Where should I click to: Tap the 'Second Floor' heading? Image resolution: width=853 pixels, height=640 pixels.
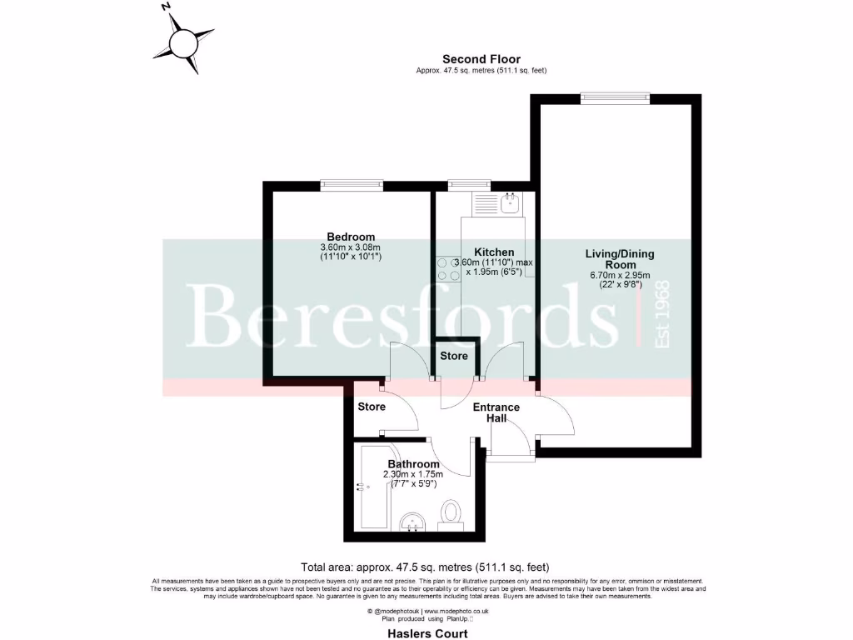481,59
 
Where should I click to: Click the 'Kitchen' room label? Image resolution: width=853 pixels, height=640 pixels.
494,252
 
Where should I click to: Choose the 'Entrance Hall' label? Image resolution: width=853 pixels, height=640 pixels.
496,412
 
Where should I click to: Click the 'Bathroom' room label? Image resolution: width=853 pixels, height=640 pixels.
413,464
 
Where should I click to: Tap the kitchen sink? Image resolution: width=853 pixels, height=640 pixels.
509,201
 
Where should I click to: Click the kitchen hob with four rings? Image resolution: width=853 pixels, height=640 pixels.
448,269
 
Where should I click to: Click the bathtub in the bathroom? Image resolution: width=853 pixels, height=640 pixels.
370,487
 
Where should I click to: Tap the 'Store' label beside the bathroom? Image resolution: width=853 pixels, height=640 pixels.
372,407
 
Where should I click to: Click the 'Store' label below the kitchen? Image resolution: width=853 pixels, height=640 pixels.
454,357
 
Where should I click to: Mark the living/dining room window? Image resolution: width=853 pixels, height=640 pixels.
616,98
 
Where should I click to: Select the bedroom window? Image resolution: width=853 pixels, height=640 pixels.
350,185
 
